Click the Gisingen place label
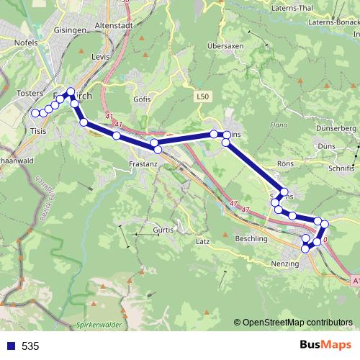(x=69, y=31)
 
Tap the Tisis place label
(x=37, y=131)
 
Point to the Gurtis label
(x=163, y=230)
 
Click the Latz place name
(x=203, y=241)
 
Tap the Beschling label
(x=251, y=238)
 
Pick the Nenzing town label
(x=284, y=264)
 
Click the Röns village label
(x=285, y=163)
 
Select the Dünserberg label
(x=336, y=128)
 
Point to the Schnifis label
(x=340, y=167)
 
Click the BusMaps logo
(x=326, y=346)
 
